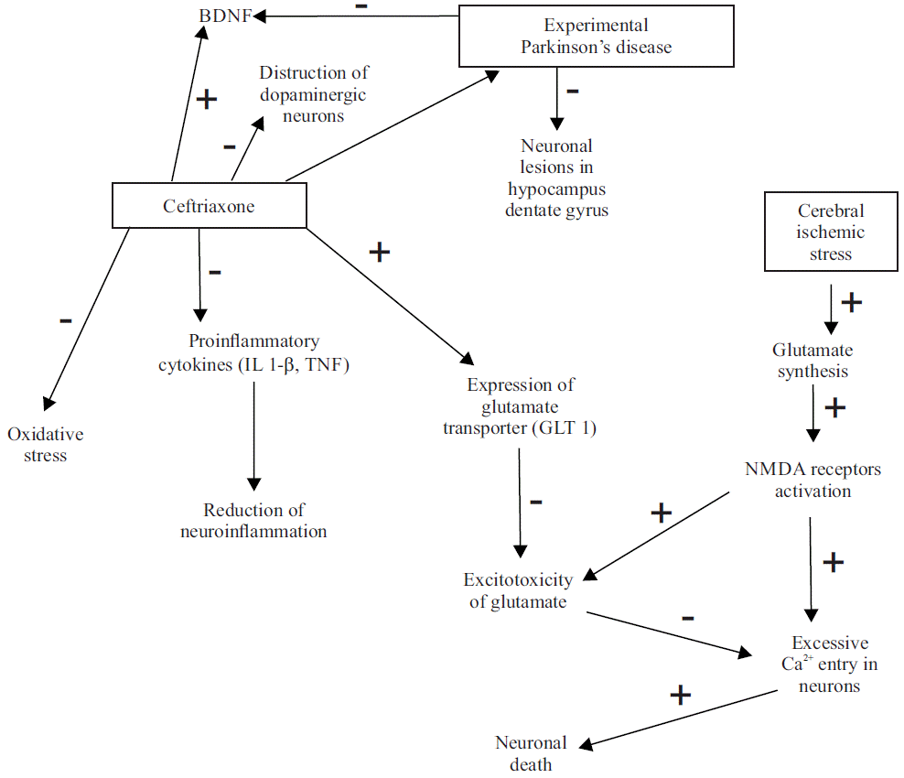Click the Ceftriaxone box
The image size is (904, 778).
coord(209,206)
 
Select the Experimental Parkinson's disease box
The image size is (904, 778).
coord(596,37)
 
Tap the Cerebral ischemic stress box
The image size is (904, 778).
coord(830,232)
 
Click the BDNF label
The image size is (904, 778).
coord(226,16)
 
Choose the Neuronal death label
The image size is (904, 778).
coord(531,752)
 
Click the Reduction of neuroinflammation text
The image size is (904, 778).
coord(253,521)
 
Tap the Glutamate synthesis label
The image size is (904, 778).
coord(812,361)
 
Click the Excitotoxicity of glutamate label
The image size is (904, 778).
coord(518,590)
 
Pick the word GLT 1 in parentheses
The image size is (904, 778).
coord(572,428)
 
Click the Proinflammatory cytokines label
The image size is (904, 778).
coord(253,353)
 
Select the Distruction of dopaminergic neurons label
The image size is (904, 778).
coord(314,94)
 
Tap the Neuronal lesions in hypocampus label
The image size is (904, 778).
coord(556,178)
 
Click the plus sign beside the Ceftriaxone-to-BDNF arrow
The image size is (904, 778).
coord(207,99)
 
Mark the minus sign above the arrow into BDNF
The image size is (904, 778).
coord(362,6)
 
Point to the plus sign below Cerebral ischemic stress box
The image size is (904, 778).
coord(851,302)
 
